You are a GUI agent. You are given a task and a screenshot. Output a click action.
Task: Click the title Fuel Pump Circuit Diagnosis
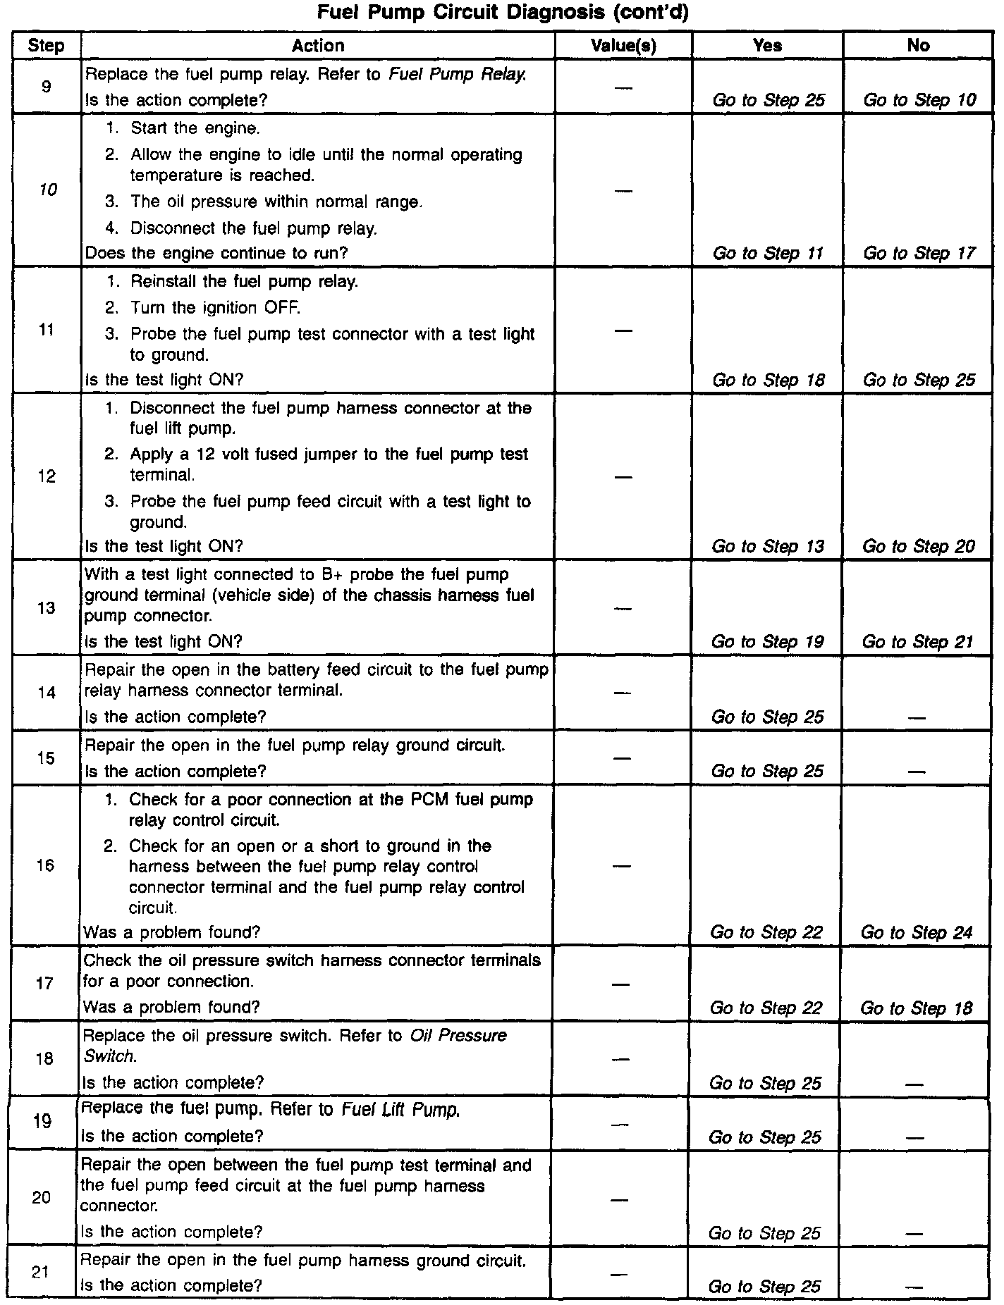[x=501, y=13]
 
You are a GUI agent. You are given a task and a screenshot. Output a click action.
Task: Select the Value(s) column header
[x=623, y=46]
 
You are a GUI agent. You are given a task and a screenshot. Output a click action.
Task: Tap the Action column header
[x=318, y=46]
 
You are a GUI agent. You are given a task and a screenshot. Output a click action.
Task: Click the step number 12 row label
[x=47, y=476]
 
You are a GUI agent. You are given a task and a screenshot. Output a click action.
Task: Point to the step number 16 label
[x=45, y=865]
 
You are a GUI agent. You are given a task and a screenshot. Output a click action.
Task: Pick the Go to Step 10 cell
[x=919, y=100]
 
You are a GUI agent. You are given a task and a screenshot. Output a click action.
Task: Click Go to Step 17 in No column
[x=919, y=253]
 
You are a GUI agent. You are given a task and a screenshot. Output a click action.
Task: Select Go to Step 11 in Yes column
[x=768, y=253]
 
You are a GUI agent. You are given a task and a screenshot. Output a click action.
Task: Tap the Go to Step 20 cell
[x=919, y=546]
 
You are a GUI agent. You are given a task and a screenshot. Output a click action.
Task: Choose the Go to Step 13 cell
[x=768, y=546]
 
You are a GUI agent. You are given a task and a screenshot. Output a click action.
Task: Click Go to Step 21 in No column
[x=917, y=641]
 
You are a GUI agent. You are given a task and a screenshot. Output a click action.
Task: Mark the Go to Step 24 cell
[x=917, y=932]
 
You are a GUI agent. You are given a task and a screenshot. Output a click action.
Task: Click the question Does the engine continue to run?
[x=216, y=252]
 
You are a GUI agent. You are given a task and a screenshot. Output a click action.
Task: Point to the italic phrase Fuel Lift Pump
[x=400, y=1110]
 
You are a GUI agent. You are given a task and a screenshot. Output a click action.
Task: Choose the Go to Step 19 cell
[x=767, y=641]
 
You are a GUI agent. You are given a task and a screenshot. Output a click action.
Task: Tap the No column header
[x=918, y=46]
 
